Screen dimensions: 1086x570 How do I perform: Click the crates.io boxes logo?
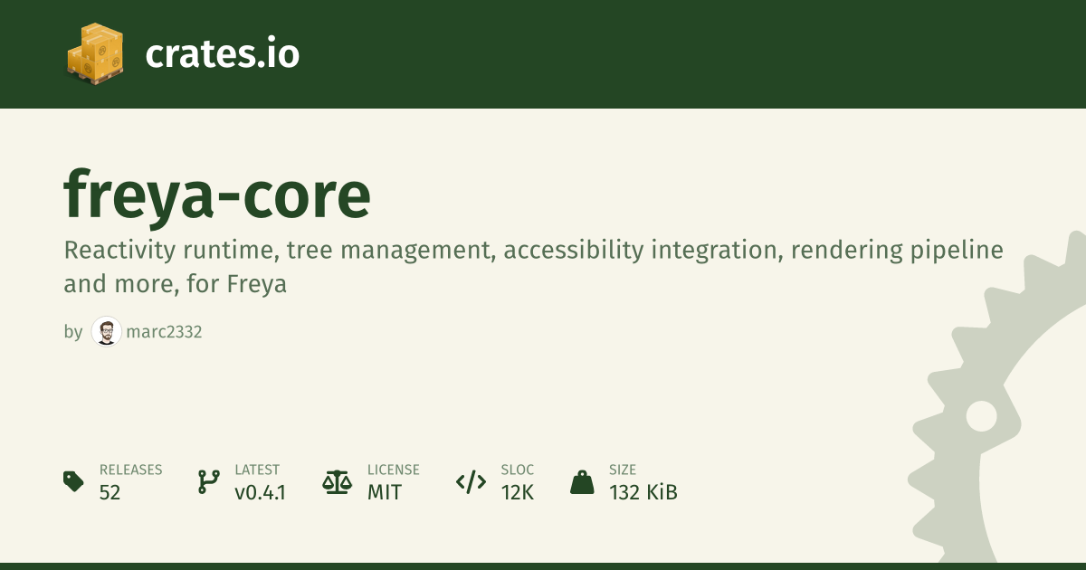click(95, 53)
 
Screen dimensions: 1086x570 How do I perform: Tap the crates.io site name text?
click(223, 53)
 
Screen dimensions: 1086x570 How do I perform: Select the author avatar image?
click(106, 331)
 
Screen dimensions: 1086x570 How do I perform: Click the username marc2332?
click(164, 332)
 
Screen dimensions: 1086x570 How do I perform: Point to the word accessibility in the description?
click(574, 252)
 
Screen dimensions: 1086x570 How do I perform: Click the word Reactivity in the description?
click(119, 252)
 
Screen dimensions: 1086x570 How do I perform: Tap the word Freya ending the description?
click(256, 284)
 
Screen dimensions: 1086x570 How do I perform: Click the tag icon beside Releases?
click(73, 481)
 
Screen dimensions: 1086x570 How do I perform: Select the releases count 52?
click(110, 492)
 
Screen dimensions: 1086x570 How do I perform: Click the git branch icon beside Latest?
click(208, 481)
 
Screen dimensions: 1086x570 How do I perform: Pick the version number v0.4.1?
click(261, 492)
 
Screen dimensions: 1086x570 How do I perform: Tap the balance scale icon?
click(338, 482)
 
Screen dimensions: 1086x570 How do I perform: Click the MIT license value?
click(385, 492)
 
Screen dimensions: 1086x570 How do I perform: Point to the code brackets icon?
click(471, 482)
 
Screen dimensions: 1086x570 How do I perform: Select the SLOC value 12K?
click(518, 492)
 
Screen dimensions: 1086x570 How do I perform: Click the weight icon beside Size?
click(582, 482)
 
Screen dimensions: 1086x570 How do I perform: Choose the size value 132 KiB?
click(643, 492)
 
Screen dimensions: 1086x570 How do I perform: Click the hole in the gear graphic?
click(981, 416)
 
